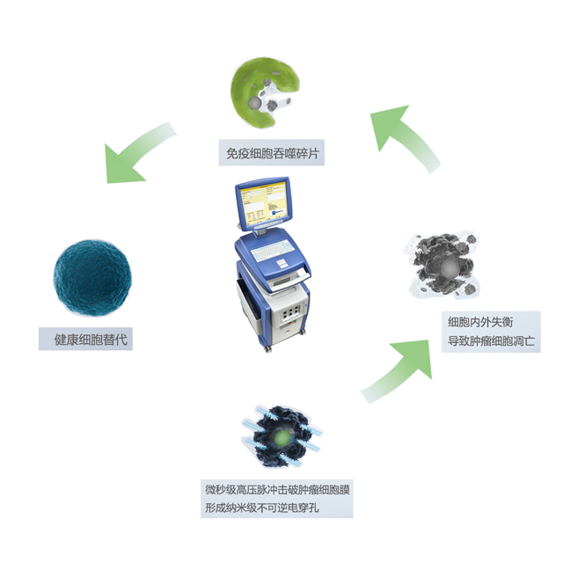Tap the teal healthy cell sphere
(x=91, y=273)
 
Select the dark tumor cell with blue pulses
(x=280, y=436)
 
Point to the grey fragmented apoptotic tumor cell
(x=444, y=269)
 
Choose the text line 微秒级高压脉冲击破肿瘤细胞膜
(x=278, y=489)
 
